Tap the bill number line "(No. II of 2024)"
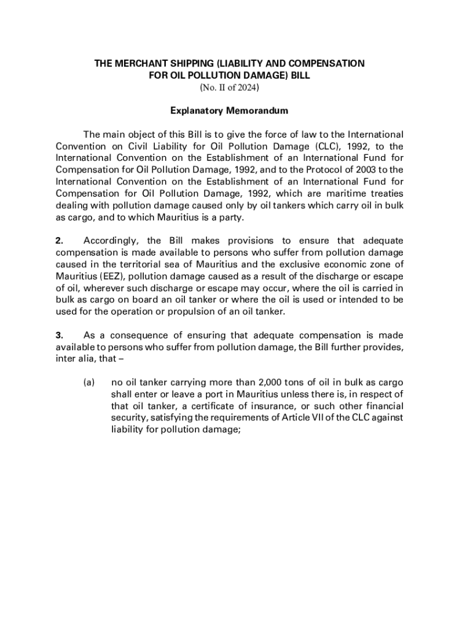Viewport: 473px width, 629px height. click(230, 88)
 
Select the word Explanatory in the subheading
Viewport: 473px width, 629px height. click(197, 111)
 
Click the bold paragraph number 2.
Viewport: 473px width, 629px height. click(59, 240)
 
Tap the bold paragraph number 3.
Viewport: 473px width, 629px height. click(59, 335)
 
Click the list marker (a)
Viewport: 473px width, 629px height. click(88, 382)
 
